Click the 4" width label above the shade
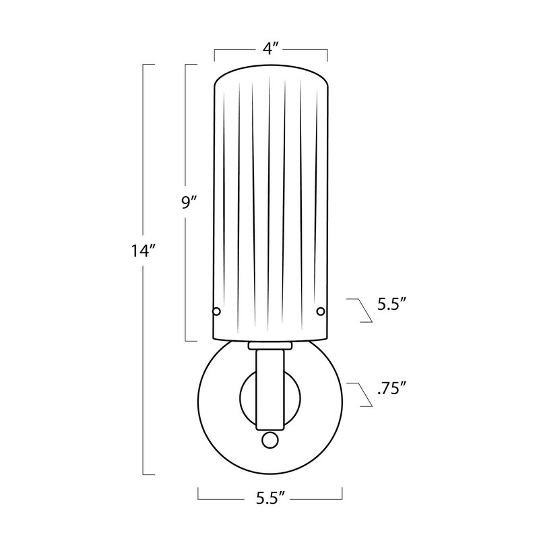(x=271, y=49)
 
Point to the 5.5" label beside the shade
(x=389, y=305)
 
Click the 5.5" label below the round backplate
(x=271, y=499)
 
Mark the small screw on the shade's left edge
(x=216, y=311)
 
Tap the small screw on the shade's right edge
(x=321, y=311)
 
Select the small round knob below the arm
(x=269, y=439)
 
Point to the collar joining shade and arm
(x=269, y=346)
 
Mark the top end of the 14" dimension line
(x=144, y=65)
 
